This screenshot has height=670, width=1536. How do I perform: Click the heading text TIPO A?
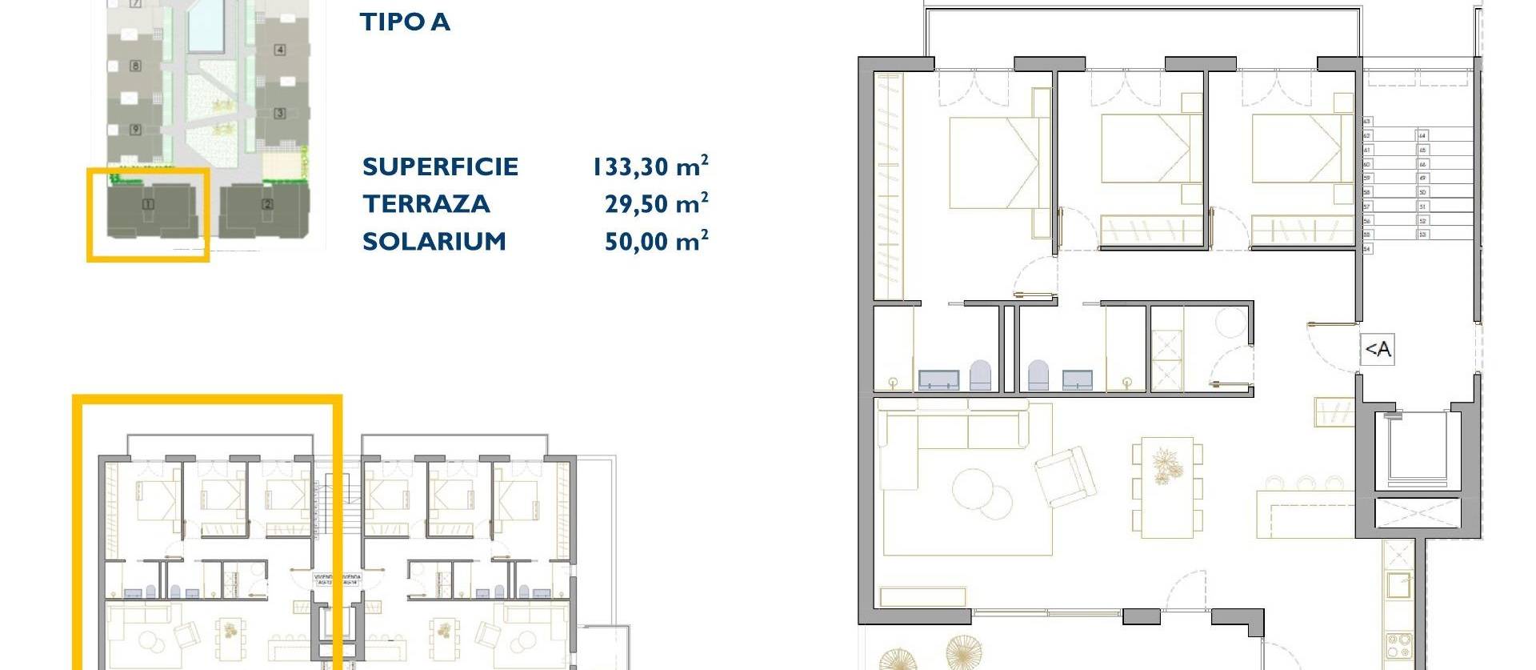[x=405, y=22]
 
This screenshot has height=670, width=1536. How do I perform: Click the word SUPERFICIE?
[x=440, y=166]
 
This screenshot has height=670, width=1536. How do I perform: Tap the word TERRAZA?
[x=426, y=204]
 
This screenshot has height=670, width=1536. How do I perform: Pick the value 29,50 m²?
[x=656, y=203]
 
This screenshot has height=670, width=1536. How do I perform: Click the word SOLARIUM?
[x=434, y=241]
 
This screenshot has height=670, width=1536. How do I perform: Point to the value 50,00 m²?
[x=656, y=240]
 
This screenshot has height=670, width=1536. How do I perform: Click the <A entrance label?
[x=1378, y=350]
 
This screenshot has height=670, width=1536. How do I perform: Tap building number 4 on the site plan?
[x=280, y=50]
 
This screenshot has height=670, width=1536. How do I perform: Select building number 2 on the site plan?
[x=267, y=204]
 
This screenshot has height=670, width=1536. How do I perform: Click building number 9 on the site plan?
[x=135, y=129]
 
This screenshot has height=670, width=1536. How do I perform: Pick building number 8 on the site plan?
[x=135, y=66]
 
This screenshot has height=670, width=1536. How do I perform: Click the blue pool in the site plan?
[x=206, y=24]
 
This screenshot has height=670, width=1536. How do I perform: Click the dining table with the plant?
[x=1166, y=487]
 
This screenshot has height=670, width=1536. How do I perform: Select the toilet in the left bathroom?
[x=980, y=375]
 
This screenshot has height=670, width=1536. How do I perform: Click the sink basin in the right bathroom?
[x=1077, y=379]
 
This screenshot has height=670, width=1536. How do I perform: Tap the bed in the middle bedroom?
[x=1150, y=152]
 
